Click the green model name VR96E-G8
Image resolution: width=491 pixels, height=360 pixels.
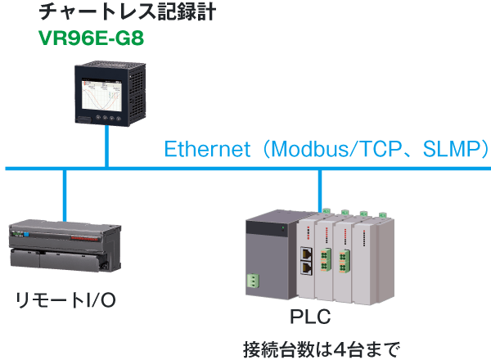(x=91, y=38)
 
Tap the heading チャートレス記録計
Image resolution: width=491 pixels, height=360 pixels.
(x=128, y=12)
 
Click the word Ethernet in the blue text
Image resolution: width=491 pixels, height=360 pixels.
(x=207, y=149)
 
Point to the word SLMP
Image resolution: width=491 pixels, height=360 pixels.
(x=450, y=149)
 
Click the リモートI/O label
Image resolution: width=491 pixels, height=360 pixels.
(x=65, y=300)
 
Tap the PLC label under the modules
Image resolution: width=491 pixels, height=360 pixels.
(x=310, y=317)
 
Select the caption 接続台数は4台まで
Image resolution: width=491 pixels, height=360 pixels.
(x=322, y=349)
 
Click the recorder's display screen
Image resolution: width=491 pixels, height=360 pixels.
(x=101, y=95)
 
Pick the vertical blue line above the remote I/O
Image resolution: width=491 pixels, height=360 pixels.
(x=65, y=196)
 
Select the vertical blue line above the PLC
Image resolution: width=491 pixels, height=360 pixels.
(x=320, y=191)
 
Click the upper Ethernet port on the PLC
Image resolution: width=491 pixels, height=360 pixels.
(x=307, y=254)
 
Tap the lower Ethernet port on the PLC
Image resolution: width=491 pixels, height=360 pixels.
(x=307, y=268)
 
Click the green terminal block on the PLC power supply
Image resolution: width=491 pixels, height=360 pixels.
(x=253, y=281)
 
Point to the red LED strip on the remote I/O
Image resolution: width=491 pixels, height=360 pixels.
(x=84, y=238)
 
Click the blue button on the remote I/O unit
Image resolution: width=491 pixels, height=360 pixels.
(x=26, y=234)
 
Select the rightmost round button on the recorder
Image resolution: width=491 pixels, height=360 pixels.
(x=119, y=119)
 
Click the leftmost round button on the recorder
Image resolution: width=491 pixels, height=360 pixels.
(x=98, y=117)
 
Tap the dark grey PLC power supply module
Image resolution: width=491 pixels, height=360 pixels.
(x=272, y=254)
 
